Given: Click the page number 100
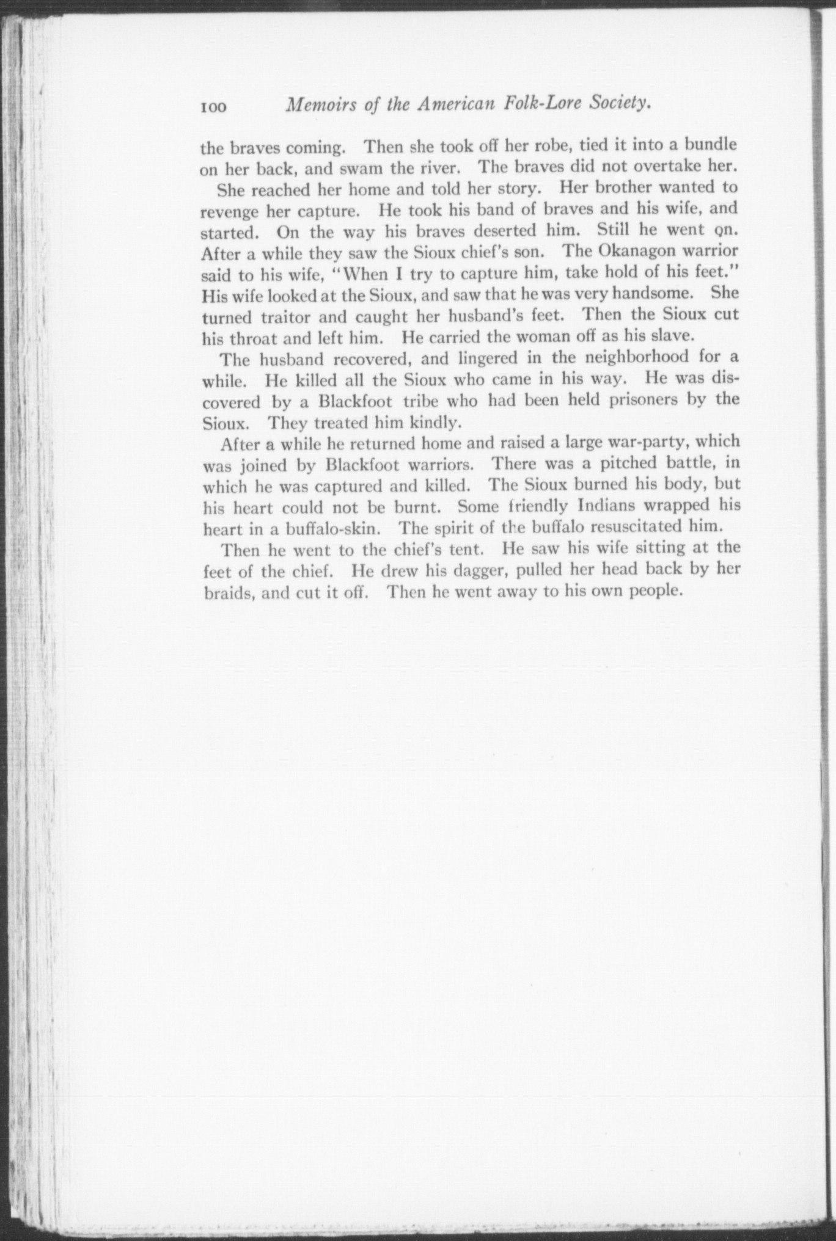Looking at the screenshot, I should pos(213,107).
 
